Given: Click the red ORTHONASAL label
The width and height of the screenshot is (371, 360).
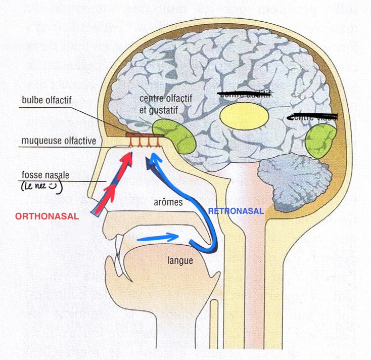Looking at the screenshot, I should [47, 216].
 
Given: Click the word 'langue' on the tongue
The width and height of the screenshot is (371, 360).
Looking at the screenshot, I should [177, 261].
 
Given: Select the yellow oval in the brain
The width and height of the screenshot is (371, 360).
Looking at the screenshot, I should [245, 116].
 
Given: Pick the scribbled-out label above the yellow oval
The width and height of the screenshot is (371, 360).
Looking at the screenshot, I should [243, 94].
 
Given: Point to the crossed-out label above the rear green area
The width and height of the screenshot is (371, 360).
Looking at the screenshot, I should [310, 117].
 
